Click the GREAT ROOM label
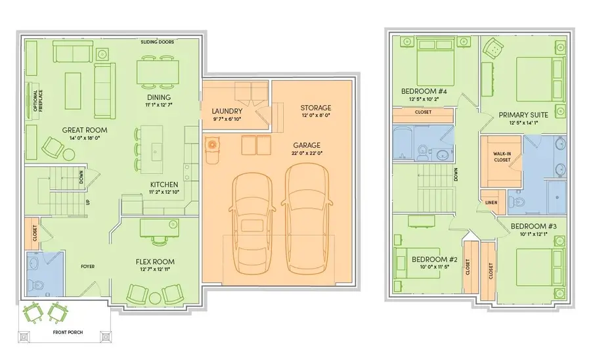[x=85, y=130]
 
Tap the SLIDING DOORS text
[x=158, y=42]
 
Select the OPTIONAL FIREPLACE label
[x=38, y=101]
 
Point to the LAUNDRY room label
[x=227, y=111]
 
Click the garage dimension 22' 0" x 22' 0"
[x=307, y=153]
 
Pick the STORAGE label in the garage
[x=316, y=108]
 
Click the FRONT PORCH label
[x=68, y=332]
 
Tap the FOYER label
[x=88, y=267]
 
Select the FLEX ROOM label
[x=155, y=261]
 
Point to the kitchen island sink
[x=156, y=152]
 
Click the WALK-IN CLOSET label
[x=502, y=157]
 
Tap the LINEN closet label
[x=491, y=203]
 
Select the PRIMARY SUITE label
[x=523, y=115]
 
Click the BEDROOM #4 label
[x=424, y=91]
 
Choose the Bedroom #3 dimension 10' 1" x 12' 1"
[x=534, y=234]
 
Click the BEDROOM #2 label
[x=434, y=259]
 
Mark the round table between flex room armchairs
[x=155, y=298]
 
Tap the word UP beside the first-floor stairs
[x=88, y=202]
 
